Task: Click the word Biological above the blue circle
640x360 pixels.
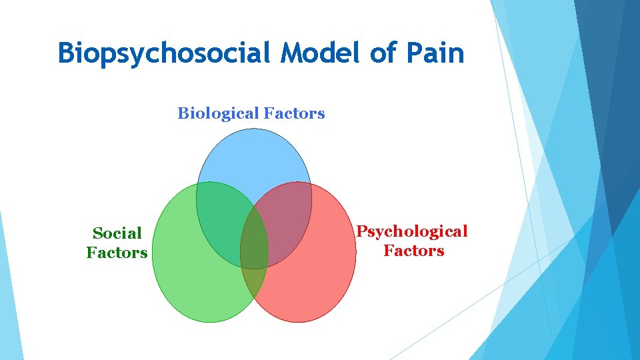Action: coord(218,114)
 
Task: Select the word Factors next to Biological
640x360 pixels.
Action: coord(294,114)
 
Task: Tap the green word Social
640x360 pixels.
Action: coord(117,233)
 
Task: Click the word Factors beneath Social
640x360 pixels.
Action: coord(117,253)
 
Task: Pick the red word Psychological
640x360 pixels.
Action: coord(412,231)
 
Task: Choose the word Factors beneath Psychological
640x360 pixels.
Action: coord(413,251)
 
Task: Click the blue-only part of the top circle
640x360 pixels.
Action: coord(253,157)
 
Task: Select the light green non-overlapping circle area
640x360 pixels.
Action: coord(193,280)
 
